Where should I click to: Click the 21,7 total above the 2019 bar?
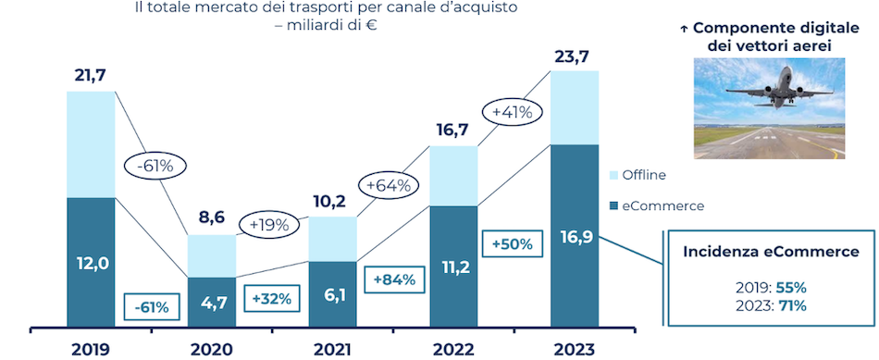(91, 73)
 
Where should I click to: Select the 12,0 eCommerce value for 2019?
(91, 263)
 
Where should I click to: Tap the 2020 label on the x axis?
(211, 349)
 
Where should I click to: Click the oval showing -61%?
(155, 167)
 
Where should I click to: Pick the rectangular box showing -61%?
(152, 306)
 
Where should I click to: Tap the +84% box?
(394, 278)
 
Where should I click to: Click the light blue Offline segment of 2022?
(453, 175)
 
